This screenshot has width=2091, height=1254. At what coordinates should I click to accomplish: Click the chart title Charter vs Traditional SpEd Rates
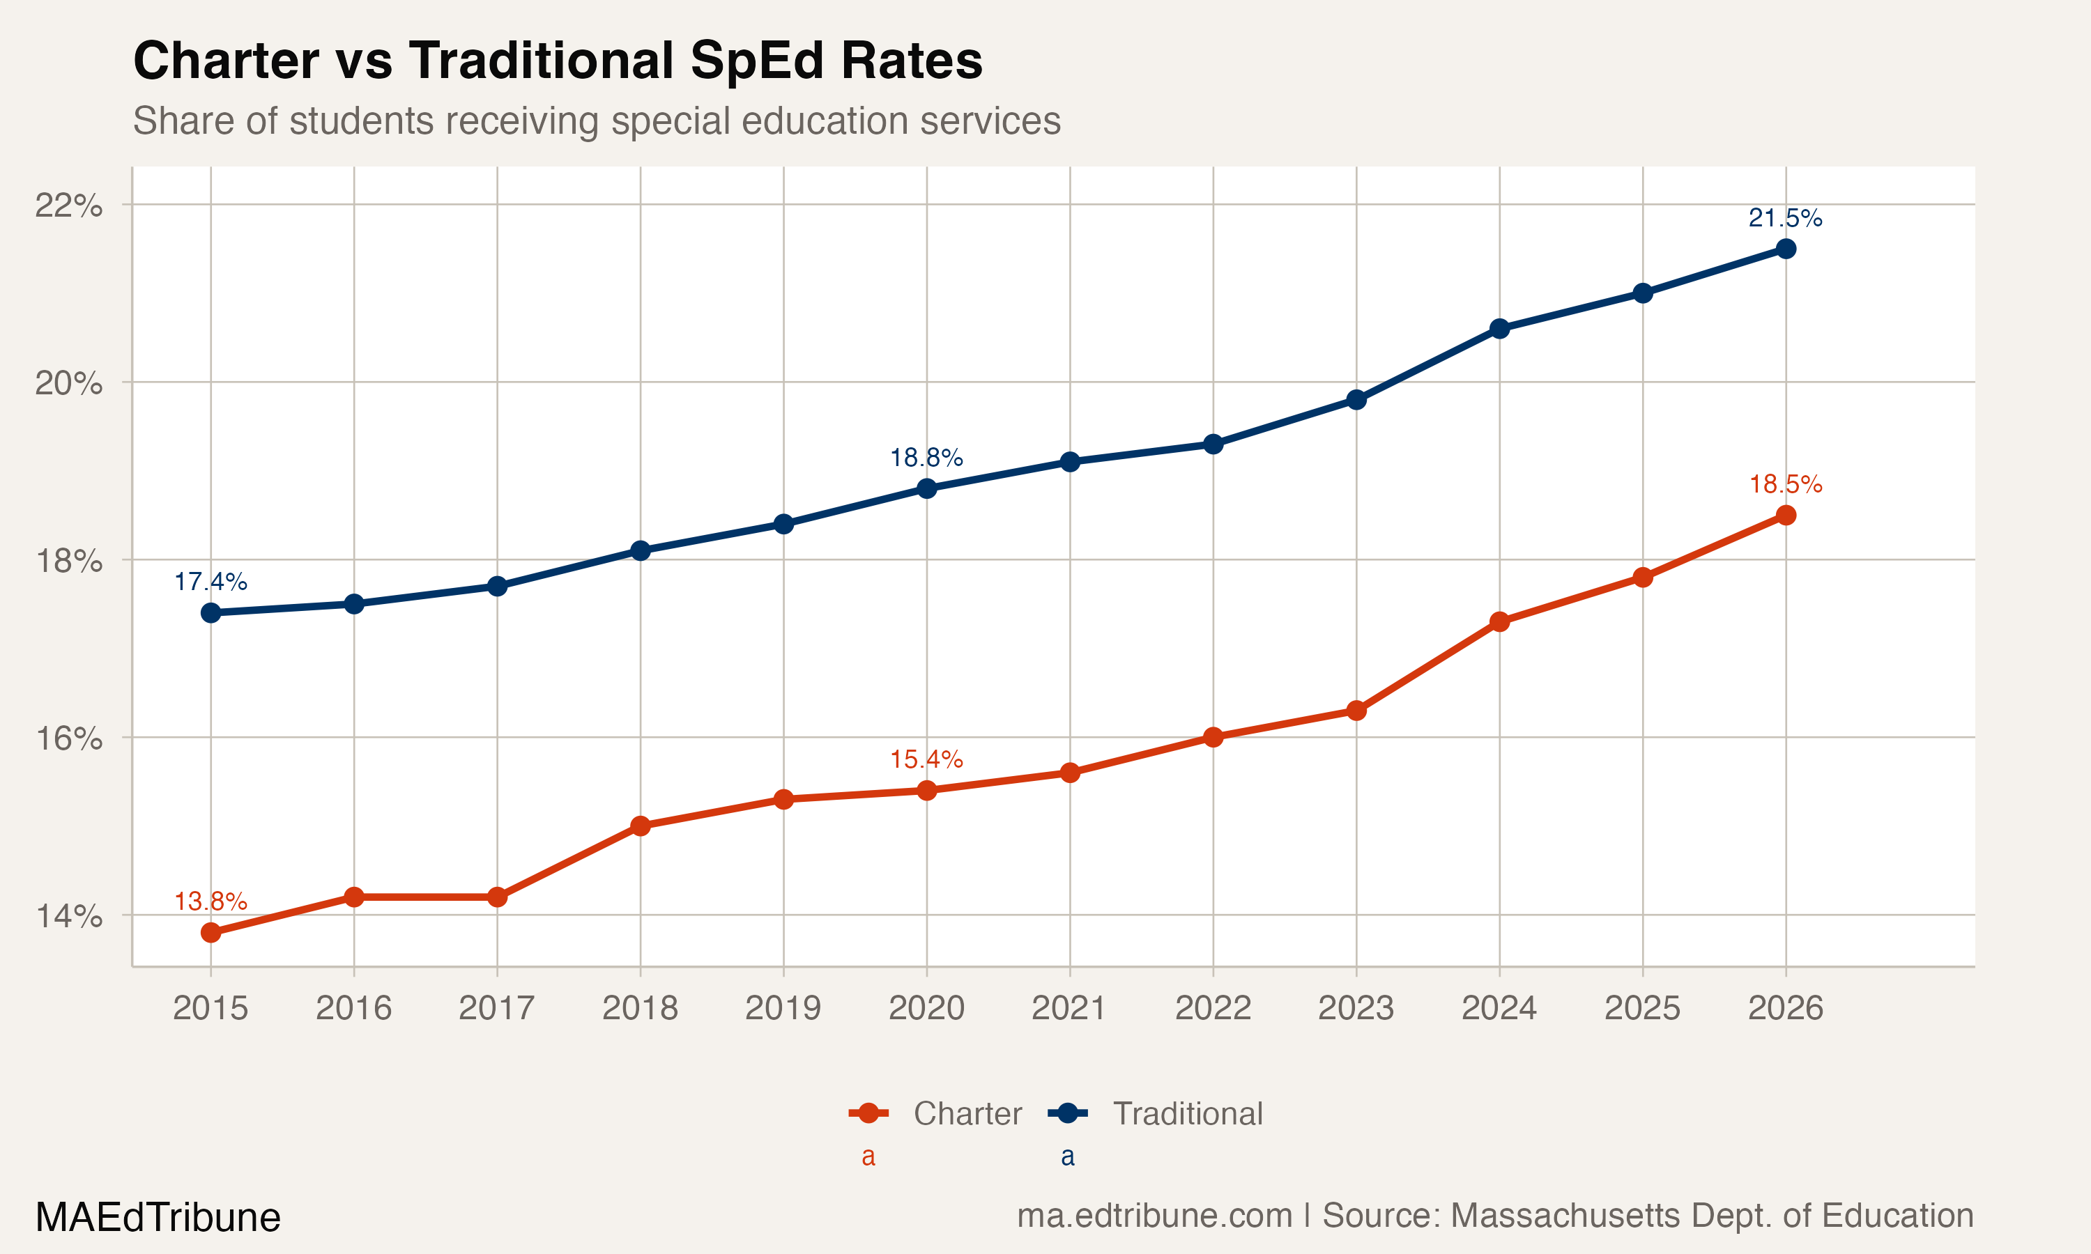[558, 61]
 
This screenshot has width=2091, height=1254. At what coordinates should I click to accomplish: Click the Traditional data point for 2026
[1785, 249]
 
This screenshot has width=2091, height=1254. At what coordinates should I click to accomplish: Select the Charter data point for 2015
[210, 932]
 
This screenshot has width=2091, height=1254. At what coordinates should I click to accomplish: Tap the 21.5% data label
[1785, 218]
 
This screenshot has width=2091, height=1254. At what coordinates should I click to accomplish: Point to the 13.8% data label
[210, 901]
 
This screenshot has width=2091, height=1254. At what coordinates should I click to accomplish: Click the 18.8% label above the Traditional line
[926, 457]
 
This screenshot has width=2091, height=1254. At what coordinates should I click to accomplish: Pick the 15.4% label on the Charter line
[926, 759]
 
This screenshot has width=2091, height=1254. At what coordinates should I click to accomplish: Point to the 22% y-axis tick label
[68, 205]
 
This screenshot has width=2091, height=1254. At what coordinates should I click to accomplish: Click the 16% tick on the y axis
[68, 738]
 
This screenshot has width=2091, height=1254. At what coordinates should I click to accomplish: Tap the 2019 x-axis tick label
[783, 1008]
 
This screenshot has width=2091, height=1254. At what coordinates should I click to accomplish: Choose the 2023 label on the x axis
[1356, 1008]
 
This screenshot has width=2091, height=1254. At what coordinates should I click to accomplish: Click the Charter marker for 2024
[1499, 622]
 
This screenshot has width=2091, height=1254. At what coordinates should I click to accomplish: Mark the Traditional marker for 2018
[640, 551]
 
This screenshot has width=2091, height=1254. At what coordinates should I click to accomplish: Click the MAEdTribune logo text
[158, 1217]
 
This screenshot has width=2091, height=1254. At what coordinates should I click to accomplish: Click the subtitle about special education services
[597, 121]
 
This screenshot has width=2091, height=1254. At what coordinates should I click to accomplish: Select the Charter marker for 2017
[497, 897]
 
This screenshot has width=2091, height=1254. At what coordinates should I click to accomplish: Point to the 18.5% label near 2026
[1785, 484]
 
